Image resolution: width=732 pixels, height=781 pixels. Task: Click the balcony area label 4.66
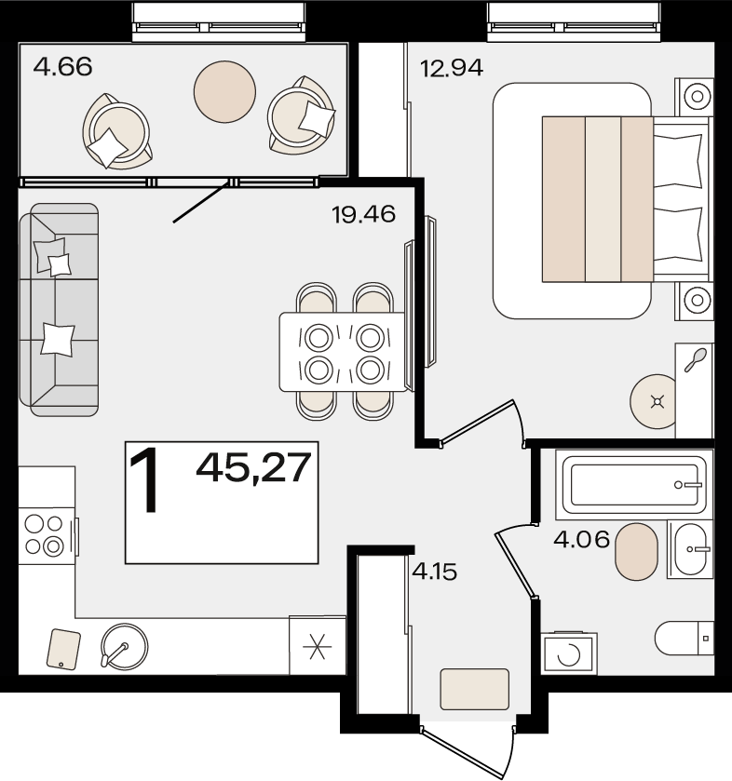click(62, 66)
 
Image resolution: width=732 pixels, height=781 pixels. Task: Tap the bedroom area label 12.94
click(452, 68)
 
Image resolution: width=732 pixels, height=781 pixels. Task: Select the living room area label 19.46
click(364, 214)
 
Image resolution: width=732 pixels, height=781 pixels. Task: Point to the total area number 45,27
click(253, 467)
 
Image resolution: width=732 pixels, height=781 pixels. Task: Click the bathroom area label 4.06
click(581, 539)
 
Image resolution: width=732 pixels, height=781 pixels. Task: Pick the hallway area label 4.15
click(435, 572)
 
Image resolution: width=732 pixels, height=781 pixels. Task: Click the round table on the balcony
click(224, 91)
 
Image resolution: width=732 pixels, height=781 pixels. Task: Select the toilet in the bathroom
click(685, 638)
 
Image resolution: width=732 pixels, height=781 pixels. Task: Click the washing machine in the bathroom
click(569, 653)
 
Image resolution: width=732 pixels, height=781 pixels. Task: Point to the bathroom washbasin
click(691, 549)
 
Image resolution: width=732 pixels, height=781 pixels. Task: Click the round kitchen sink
click(124, 646)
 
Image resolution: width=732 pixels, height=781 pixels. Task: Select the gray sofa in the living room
click(59, 309)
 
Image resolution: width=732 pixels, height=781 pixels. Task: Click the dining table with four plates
click(344, 352)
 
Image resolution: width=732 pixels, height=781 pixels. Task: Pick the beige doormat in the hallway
click(474, 689)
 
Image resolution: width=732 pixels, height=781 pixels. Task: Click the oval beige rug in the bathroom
click(636, 551)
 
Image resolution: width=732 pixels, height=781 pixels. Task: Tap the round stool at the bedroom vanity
click(654, 401)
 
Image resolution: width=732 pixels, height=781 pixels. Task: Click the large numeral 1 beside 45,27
click(144, 479)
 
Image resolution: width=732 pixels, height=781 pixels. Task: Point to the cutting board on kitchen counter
click(63, 649)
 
